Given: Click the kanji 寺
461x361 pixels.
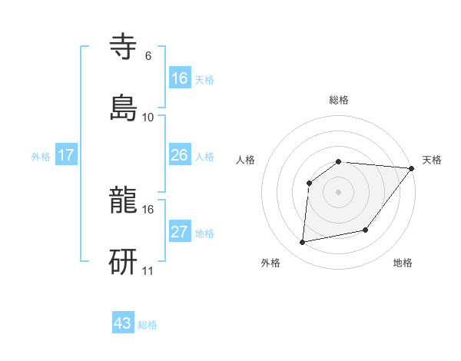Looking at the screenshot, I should [x=124, y=47].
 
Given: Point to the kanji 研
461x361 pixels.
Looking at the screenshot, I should [x=124, y=260].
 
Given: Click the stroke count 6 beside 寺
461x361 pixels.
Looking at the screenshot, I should [x=148, y=55].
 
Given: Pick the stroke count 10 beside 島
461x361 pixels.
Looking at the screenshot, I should [x=148, y=117].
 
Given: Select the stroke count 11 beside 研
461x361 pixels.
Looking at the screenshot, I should [x=148, y=270].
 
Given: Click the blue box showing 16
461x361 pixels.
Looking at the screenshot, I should [x=180, y=78].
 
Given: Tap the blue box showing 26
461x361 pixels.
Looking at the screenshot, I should [x=180, y=155].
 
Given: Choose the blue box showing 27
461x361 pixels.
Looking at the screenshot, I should [x=180, y=232].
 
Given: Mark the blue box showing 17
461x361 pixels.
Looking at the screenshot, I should [x=66, y=155].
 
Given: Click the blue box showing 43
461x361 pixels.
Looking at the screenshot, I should [x=123, y=323].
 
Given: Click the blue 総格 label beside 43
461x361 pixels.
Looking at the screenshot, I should [x=148, y=325].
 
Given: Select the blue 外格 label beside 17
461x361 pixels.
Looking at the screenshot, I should [x=41, y=157].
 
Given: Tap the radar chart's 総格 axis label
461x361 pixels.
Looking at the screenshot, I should [x=339, y=100].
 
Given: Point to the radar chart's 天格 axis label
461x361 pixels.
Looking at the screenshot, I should [x=432, y=160].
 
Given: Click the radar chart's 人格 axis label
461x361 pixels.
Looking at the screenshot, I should [x=246, y=160].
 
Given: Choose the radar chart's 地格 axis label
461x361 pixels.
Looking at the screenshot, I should [x=403, y=263].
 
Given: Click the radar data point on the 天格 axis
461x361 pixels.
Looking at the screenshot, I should [x=411, y=168].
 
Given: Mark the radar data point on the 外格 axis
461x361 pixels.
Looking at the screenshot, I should [x=303, y=243].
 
